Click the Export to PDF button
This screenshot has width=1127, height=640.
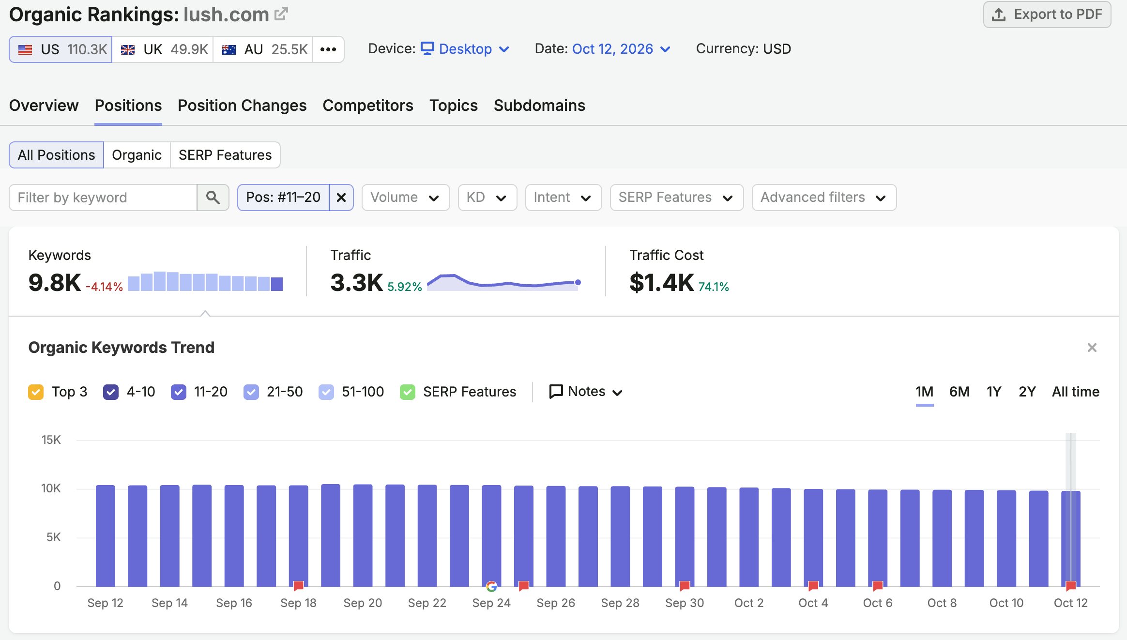pyautogui.click(x=1047, y=15)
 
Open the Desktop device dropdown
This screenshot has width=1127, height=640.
pyautogui.click(x=465, y=49)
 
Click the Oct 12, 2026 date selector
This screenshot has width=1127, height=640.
pyautogui.click(x=621, y=49)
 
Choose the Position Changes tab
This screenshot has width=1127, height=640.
pyautogui.click(x=242, y=106)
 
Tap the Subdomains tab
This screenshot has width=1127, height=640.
pyautogui.click(x=539, y=106)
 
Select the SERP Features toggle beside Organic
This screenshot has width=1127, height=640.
pyautogui.click(x=225, y=155)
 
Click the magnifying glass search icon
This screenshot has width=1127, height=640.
pyautogui.click(x=213, y=198)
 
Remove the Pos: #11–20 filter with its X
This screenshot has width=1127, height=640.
pyautogui.click(x=341, y=198)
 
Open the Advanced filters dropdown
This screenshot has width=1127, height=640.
pyautogui.click(x=824, y=198)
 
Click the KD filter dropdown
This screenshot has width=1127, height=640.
pyautogui.click(x=487, y=198)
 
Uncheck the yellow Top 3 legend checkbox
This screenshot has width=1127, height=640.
pyautogui.click(x=36, y=392)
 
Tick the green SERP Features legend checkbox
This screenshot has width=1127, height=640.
pyautogui.click(x=408, y=392)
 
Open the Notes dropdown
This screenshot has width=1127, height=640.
pyautogui.click(x=586, y=392)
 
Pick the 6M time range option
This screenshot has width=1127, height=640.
pyautogui.click(x=959, y=392)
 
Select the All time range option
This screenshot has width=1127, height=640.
pyautogui.click(x=1076, y=392)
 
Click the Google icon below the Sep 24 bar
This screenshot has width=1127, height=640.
pyautogui.click(x=491, y=587)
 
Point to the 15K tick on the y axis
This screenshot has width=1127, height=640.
pyautogui.click(x=51, y=440)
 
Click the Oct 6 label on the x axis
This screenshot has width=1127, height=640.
pyautogui.click(x=878, y=603)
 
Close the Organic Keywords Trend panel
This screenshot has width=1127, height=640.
pyautogui.click(x=1092, y=348)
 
